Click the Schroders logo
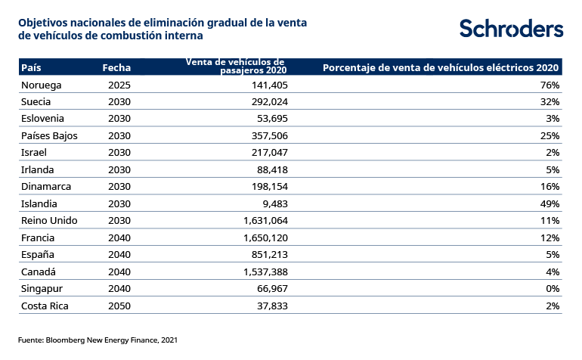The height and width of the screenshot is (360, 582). (511, 29)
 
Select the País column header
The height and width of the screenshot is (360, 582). (31, 68)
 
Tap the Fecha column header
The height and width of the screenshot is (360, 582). (116, 68)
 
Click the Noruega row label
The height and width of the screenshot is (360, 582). (42, 85)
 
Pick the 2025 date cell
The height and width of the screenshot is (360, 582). (119, 85)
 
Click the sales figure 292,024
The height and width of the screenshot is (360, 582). (269, 101)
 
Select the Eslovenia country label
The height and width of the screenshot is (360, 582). (43, 119)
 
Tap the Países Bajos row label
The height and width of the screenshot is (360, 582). (50, 135)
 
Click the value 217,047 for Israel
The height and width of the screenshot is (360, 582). (269, 153)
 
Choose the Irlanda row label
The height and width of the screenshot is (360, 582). (38, 169)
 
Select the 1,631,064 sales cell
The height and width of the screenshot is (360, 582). (265, 221)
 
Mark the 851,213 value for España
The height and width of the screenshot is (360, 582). (269, 255)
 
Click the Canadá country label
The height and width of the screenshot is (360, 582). (39, 272)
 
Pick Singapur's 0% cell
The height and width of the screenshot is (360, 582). (553, 289)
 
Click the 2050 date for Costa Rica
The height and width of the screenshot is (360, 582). (119, 306)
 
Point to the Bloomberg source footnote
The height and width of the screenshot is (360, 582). (98, 340)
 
